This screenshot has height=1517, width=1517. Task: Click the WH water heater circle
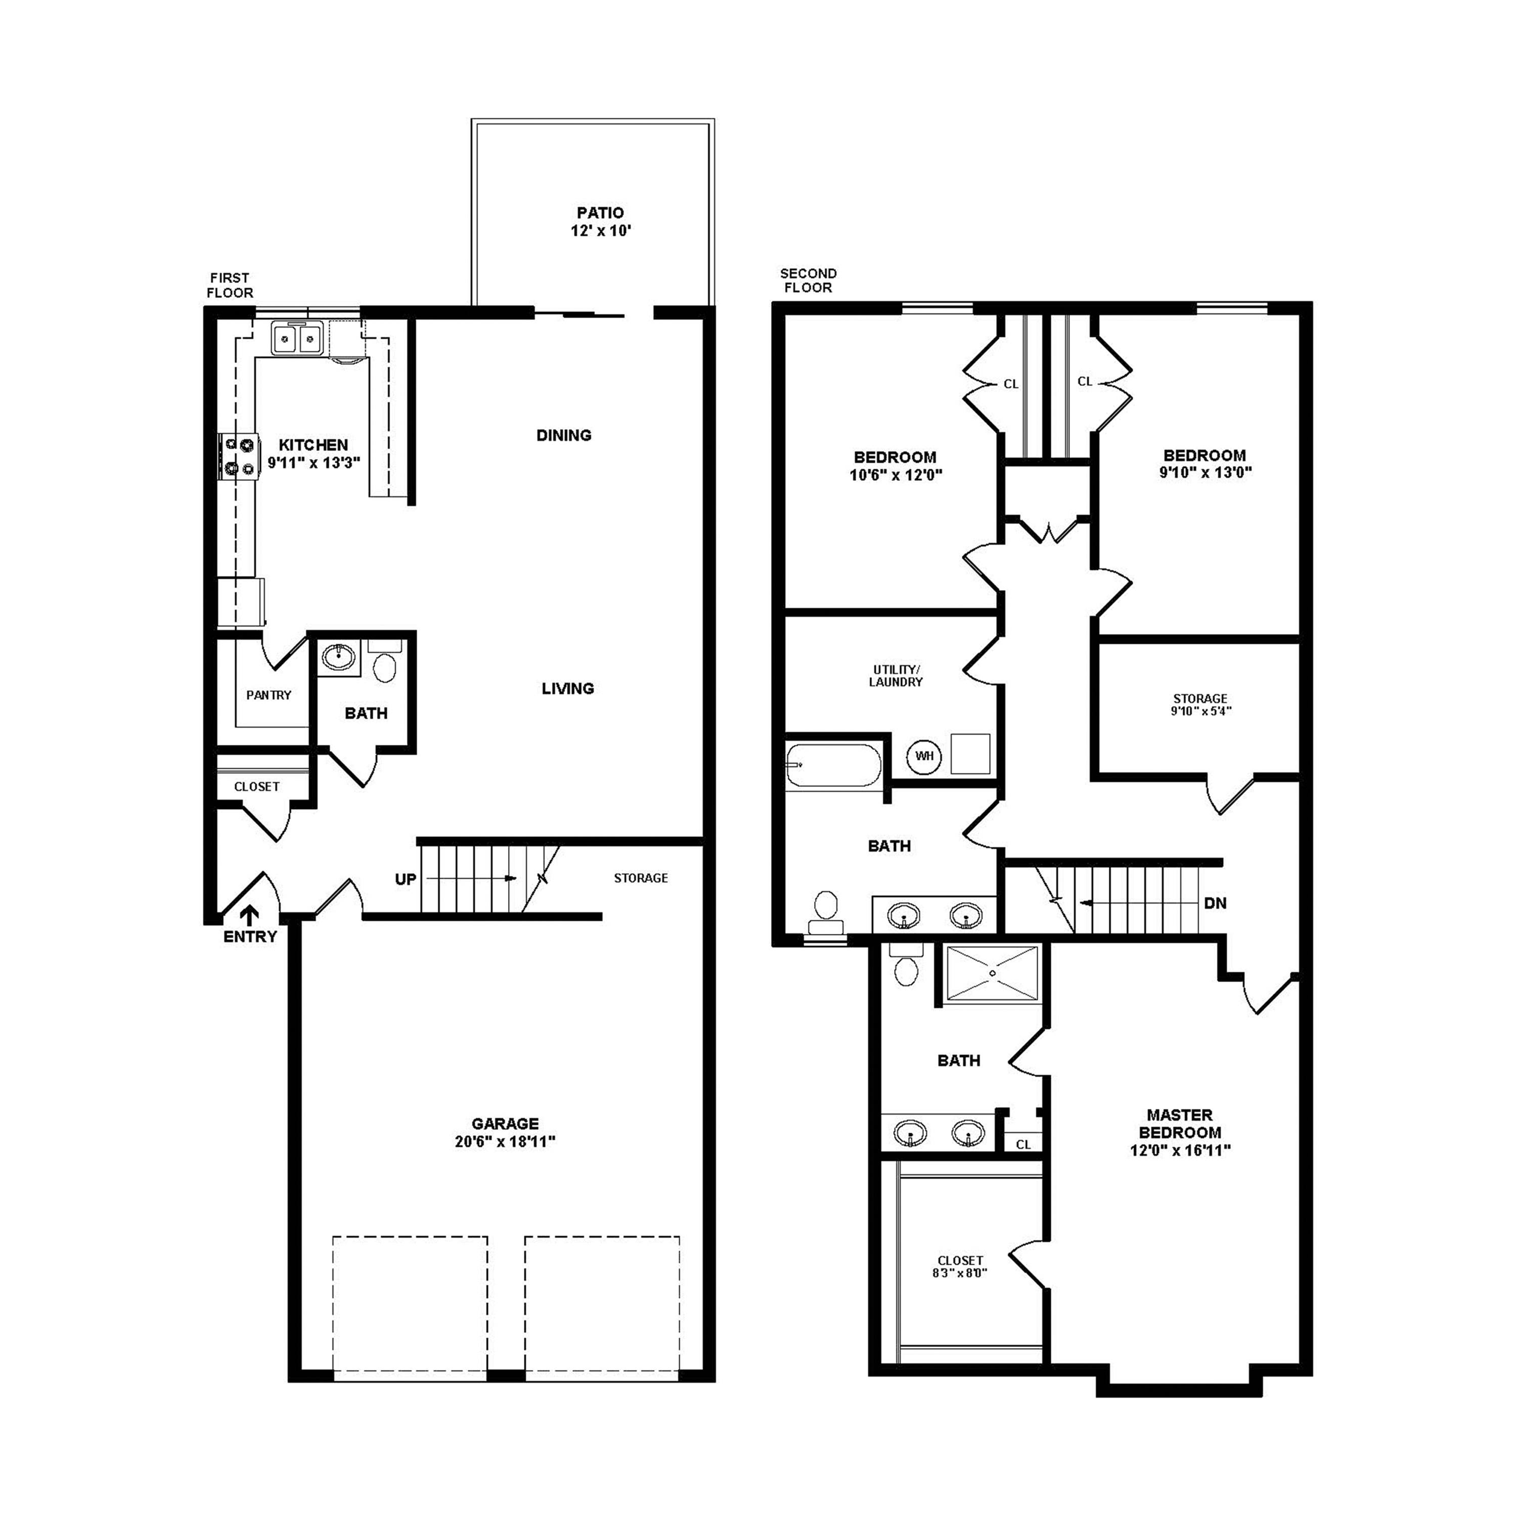924,756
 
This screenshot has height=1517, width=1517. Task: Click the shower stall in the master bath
993,973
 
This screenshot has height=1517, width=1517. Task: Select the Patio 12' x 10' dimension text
601,231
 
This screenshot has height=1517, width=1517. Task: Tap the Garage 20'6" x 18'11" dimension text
505,1142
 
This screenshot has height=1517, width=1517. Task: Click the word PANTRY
269,695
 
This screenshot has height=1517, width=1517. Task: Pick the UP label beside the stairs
405,879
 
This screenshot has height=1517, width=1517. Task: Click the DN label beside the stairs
1215,903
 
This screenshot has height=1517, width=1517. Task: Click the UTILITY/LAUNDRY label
895,676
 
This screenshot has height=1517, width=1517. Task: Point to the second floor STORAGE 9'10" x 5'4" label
1200,704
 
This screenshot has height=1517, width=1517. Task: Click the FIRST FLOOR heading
230,285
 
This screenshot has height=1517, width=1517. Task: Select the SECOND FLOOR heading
808,280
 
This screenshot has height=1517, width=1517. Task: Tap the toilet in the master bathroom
906,969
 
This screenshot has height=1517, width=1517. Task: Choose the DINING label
564,435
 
